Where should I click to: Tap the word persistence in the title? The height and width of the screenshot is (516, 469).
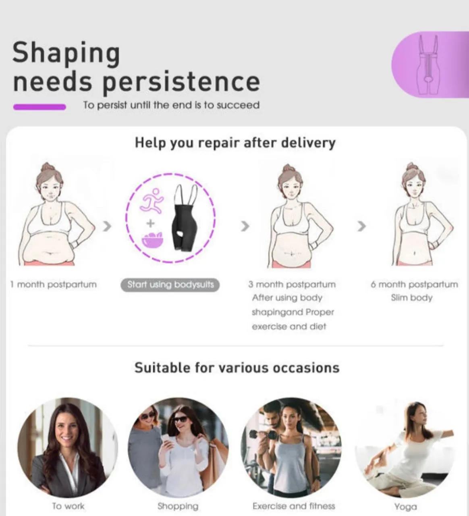(x=182, y=82)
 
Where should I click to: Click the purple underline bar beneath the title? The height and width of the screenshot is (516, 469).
(x=39, y=107)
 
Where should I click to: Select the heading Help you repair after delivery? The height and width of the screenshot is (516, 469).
(x=235, y=143)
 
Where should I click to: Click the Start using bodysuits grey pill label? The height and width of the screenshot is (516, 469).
(x=170, y=285)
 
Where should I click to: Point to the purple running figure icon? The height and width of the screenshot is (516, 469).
(x=152, y=201)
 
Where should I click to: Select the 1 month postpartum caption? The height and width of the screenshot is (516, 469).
(x=54, y=285)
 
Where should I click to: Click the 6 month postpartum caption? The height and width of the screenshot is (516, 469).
(x=414, y=285)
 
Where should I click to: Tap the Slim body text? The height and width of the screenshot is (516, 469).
(x=412, y=298)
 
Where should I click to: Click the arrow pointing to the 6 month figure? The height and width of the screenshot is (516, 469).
(x=362, y=226)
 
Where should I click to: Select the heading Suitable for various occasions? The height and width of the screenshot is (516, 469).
(x=237, y=368)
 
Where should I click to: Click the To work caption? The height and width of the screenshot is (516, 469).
(x=68, y=506)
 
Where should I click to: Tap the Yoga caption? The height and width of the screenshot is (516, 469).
(x=405, y=507)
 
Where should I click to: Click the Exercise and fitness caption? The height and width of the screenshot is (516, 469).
(x=294, y=506)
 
